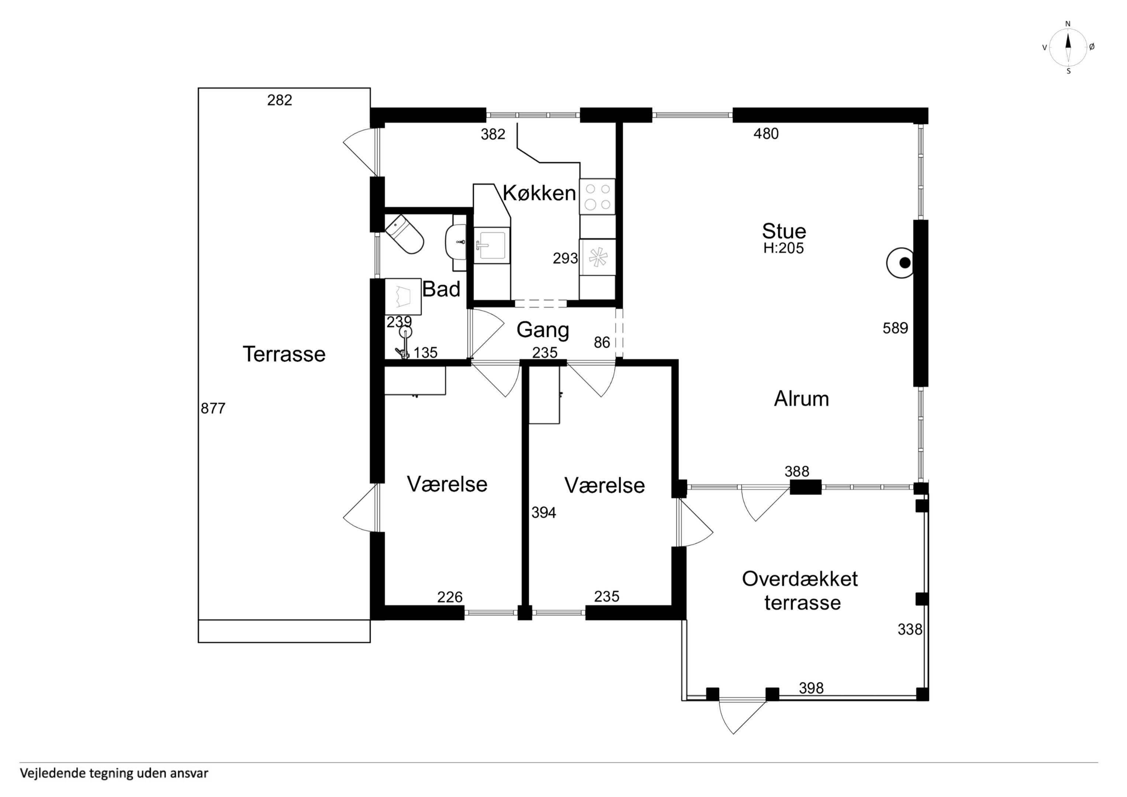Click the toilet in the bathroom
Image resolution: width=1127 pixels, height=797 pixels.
coord(404,234)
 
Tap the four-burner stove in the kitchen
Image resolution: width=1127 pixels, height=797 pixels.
coord(597,196)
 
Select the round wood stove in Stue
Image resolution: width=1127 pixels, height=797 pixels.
coord(900,263)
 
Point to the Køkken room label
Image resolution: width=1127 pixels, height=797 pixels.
coord(539,193)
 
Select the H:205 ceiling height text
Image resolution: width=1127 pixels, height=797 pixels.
coord(784,248)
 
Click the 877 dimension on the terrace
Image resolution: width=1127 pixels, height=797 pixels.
coord(213,408)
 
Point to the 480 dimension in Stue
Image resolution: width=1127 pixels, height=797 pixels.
coord(766,134)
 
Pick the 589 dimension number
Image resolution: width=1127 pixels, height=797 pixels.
coord(895,328)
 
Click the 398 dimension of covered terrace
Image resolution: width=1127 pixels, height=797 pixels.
coord(811,688)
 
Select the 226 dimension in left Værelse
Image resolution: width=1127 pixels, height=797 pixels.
coord(450,597)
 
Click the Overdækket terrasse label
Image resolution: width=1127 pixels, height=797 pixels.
coord(801,591)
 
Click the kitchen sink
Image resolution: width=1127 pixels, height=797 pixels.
coord(492,245)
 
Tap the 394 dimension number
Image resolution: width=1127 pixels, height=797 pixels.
coord(544,513)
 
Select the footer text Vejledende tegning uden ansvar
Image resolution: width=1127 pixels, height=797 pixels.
coord(114,773)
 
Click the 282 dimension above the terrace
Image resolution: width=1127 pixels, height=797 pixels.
coord(280,100)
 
